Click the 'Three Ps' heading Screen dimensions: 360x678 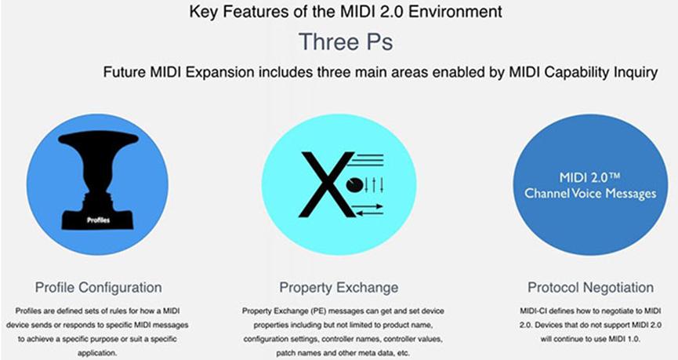pyautogui.click(x=339, y=41)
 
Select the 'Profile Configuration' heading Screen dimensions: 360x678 pyautogui.click(x=99, y=287)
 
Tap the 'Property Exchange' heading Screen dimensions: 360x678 pyautogui.click(x=339, y=287)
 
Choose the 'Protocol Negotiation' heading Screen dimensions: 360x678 pyautogui.click(x=581, y=287)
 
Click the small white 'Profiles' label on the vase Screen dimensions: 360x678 pyautogui.click(x=99, y=221)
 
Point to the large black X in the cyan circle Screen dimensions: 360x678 pyautogui.click(x=321, y=184)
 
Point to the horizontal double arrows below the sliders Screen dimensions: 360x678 pyautogui.click(x=366, y=208)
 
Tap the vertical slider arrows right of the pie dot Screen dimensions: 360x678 pyautogui.click(x=375, y=185)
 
